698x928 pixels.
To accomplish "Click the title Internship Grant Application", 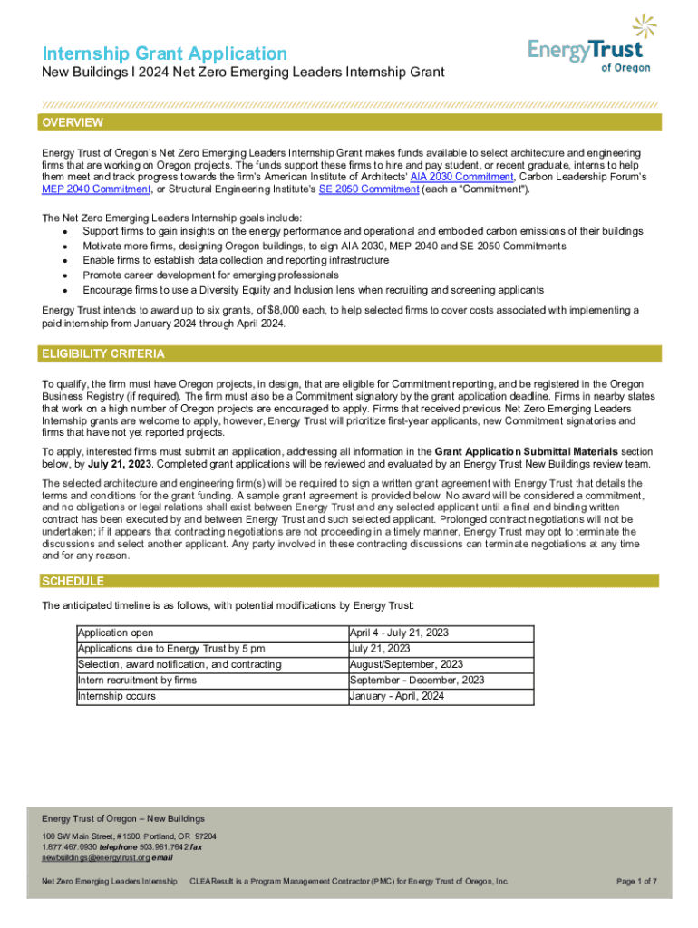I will click(164, 54).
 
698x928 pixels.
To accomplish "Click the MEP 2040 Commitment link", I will click(95, 189).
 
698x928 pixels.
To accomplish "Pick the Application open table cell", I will click(115, 633).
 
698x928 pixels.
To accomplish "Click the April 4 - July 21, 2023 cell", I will click(399, 633).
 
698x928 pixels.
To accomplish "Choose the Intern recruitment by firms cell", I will click(137, 681).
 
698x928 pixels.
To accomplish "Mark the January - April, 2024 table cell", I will click(397, 696).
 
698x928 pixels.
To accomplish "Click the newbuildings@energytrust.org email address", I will click(95, 856).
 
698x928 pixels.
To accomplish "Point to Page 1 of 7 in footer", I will click(636, 881).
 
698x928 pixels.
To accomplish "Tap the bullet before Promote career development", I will click(64, 275).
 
